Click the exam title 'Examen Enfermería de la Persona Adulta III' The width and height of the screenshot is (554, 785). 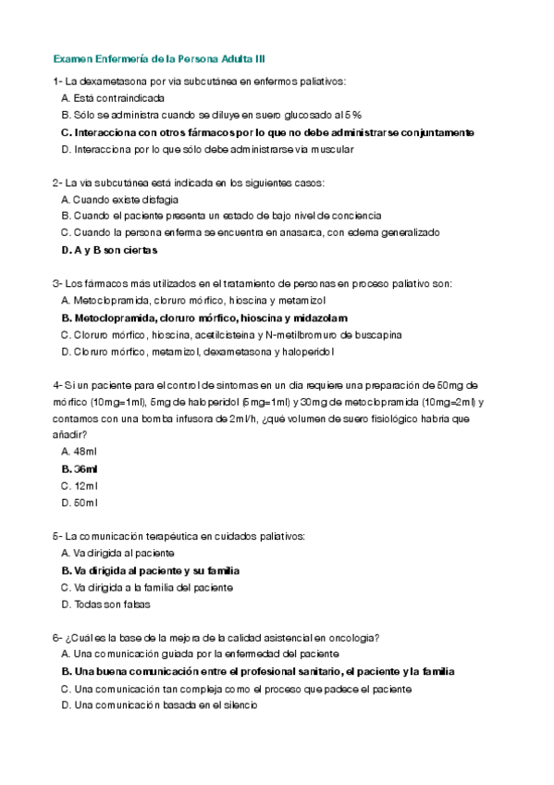pos(159,57)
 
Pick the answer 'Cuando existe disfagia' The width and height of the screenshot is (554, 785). pos(119,199)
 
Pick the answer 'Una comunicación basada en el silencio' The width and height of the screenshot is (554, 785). pos(158,704)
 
